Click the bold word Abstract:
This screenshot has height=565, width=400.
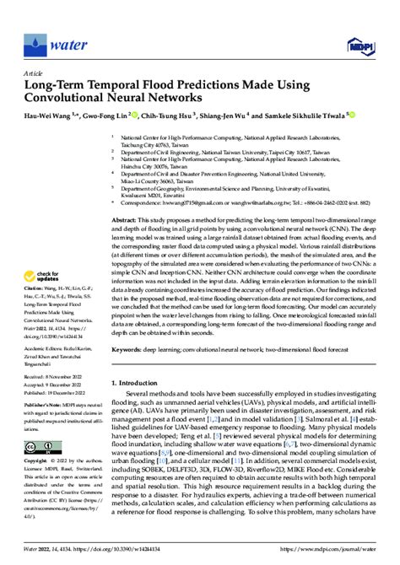click(126, 218)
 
